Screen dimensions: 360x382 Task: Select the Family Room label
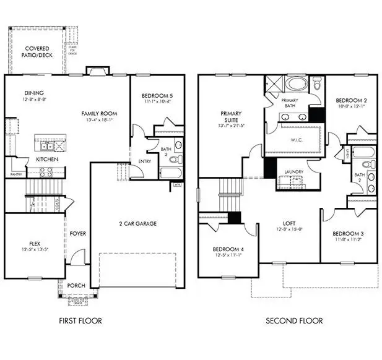pos(100,114)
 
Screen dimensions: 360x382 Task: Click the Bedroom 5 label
pos(157,95)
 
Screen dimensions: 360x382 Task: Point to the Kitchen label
pos(47,160)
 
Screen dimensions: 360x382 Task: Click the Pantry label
pos(16,174)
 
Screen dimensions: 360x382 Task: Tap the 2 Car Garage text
pos(137,223)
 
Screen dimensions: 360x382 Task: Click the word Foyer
pos(77,234)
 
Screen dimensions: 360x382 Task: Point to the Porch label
pos(76,285)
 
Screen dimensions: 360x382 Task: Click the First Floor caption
pos(80,321)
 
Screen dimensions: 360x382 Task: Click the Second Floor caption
pos(294,321)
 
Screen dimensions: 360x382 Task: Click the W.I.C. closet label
pos(290,139)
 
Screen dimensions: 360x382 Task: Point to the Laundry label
pos(292,172)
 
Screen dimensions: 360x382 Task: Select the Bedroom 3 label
pos(347,234)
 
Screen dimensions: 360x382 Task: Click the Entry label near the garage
pos(144,161)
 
